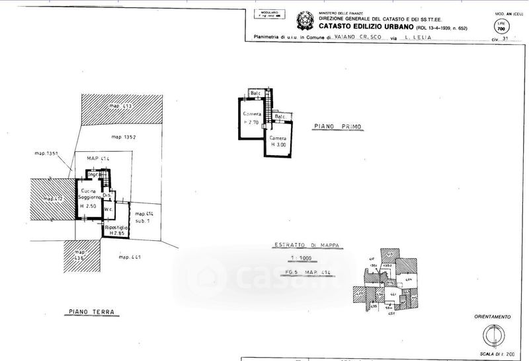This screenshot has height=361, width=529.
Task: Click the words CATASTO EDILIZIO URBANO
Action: tap(364, 27)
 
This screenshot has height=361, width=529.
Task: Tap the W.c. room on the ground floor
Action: tap(110, 211)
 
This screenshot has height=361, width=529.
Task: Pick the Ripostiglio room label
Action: tap(115, 229)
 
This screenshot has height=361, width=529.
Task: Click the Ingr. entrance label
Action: tap(94, 174)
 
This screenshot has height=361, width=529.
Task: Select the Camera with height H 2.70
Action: tap(252, 118)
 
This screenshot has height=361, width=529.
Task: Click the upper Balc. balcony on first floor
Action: tap(256, 93)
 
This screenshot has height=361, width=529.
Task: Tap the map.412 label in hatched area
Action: tap(52, 199)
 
